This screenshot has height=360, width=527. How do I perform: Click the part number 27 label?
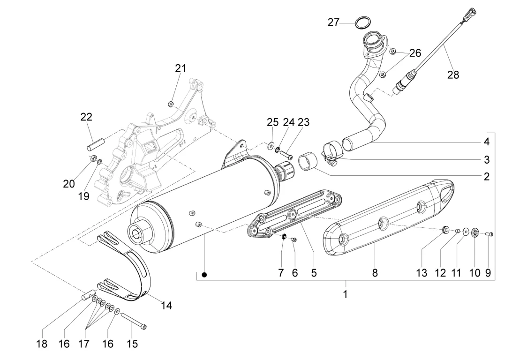(x=333, y=22)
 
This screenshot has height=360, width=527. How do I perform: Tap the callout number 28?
(x=453, y=75)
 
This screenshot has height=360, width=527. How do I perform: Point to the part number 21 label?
(x=181, y=68)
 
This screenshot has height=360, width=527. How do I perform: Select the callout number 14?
(x=166, y=306)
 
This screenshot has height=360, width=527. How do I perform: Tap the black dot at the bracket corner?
(x=204, y=275)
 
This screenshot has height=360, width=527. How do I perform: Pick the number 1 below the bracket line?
(x=345, y=294)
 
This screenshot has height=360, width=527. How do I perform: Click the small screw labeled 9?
(x=489, y=234)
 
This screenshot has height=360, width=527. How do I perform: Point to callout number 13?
(x=422, y=273)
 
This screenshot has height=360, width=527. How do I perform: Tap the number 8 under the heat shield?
(x=375, y=273)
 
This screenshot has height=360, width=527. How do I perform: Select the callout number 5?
(x=314, y=273)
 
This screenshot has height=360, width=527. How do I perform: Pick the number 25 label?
(x=272, y=122)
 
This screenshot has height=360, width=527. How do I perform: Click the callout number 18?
(x=42, y=344)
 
